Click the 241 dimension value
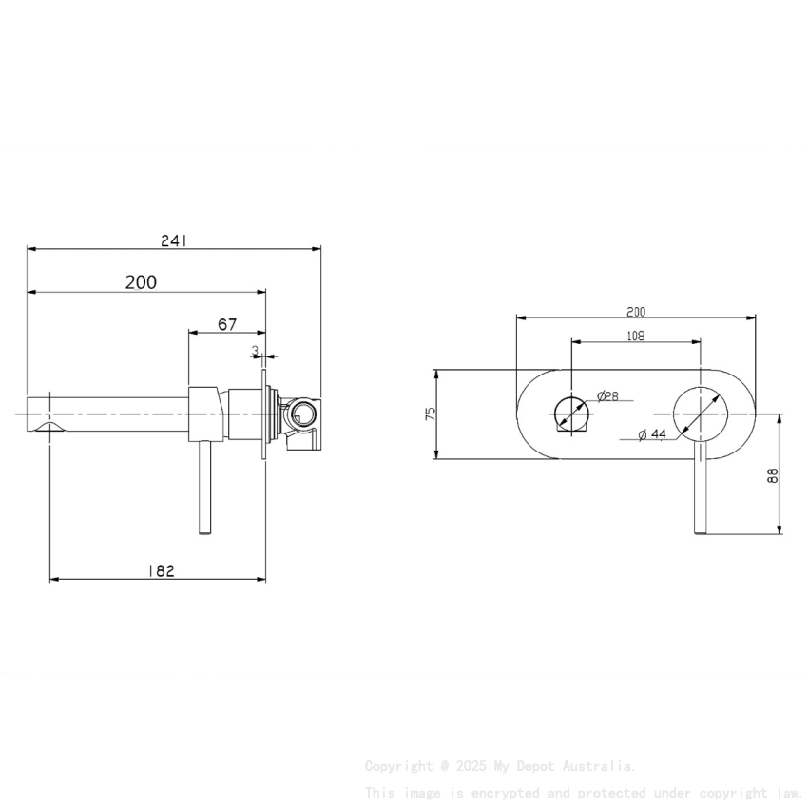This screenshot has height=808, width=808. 173,241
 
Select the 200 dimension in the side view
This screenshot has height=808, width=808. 141,281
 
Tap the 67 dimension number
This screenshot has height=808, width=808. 227,324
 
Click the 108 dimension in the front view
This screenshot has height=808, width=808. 635,335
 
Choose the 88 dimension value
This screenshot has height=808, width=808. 773,474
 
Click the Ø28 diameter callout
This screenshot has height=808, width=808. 608,396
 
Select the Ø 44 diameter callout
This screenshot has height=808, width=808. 652,434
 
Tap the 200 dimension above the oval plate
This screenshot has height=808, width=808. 635,311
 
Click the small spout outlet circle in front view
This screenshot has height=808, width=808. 570,414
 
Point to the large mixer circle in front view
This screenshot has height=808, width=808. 701,414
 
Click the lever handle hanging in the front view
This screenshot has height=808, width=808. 702,494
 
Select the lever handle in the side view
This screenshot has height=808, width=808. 204,490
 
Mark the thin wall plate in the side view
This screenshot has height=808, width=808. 263,414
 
